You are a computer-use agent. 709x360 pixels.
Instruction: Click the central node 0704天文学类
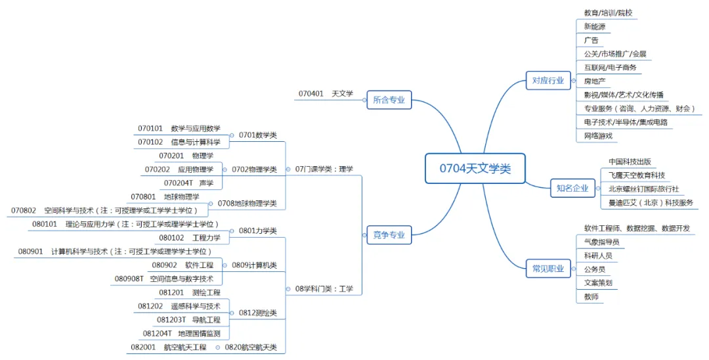475,169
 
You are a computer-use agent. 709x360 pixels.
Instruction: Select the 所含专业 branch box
389,100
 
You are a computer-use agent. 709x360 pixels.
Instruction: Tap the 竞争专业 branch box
389,235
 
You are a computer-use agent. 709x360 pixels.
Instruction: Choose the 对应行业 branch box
548,81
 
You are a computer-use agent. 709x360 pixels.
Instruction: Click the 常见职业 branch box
548,268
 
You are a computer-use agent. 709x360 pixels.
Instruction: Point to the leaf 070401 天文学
326,94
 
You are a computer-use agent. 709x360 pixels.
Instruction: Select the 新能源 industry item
595,27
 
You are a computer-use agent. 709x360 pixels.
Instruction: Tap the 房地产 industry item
595,81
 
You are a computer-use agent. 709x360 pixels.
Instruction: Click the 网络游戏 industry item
598,136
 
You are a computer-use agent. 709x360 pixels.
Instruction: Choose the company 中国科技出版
629,162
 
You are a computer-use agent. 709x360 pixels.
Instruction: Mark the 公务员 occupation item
594,269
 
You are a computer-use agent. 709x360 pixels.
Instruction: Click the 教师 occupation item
591,297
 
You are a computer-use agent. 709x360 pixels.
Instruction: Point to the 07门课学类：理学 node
324,169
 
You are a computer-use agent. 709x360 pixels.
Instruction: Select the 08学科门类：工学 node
324,288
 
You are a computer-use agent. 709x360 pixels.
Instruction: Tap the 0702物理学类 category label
253,169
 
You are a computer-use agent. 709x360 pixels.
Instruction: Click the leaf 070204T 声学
188,183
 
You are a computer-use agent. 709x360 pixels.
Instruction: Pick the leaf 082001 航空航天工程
168,347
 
